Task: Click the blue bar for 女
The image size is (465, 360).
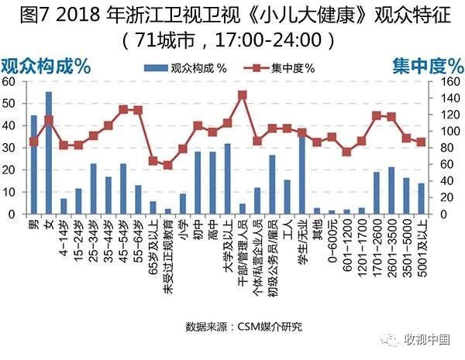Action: (49, 153)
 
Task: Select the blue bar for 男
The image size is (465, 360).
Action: (33, 164)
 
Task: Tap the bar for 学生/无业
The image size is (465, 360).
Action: (301, 173)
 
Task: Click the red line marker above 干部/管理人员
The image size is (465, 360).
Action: (242, 95)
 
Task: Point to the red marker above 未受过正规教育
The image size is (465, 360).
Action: (167, 165)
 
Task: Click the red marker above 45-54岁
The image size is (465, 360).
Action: (123, 109)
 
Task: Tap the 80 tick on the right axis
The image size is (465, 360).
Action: (446, 148)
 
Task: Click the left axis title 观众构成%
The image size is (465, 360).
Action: (46, 66)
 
